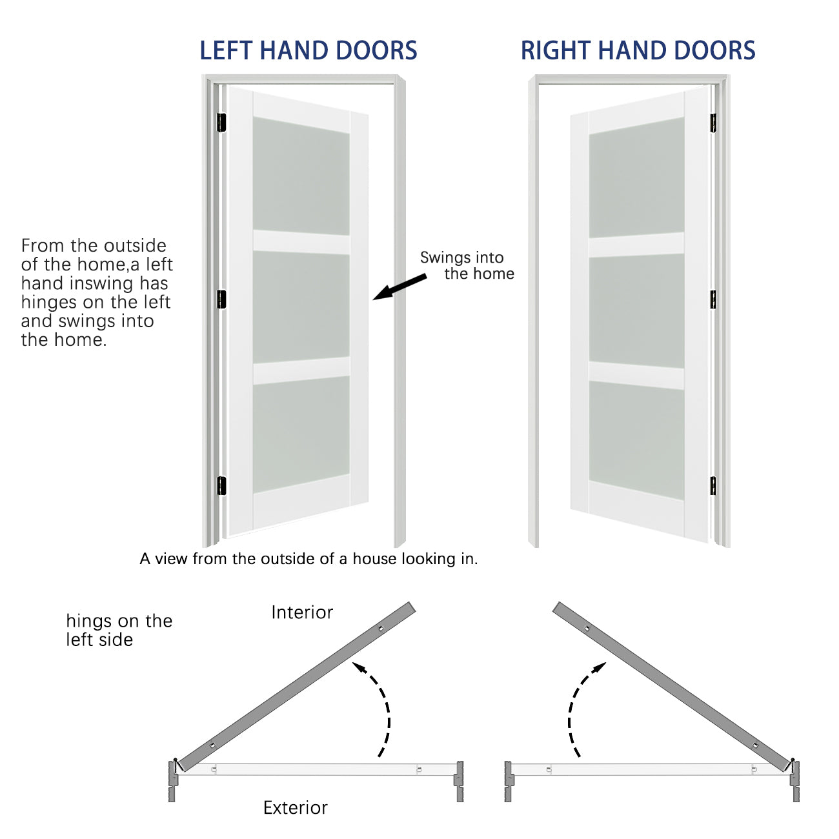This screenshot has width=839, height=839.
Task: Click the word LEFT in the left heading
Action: tap(226, 51)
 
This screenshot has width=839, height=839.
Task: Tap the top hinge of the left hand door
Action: tap(221, 122)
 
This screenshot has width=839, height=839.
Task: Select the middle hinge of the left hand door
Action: tap(221, 299)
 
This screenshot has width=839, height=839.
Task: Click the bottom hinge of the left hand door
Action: tap(221, 485)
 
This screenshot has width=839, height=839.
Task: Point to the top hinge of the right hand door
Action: tap(713, 123)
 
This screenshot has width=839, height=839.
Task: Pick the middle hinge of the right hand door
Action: tap(713, 299)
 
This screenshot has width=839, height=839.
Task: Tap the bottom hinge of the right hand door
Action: tap(713, 485)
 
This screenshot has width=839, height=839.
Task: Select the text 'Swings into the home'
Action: tap(467, 265)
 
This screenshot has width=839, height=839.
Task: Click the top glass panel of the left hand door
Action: tap(301, 176)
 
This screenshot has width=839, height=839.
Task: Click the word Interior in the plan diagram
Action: tap(302, 612)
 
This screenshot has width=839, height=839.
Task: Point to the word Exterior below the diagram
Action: tap(295, 807)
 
